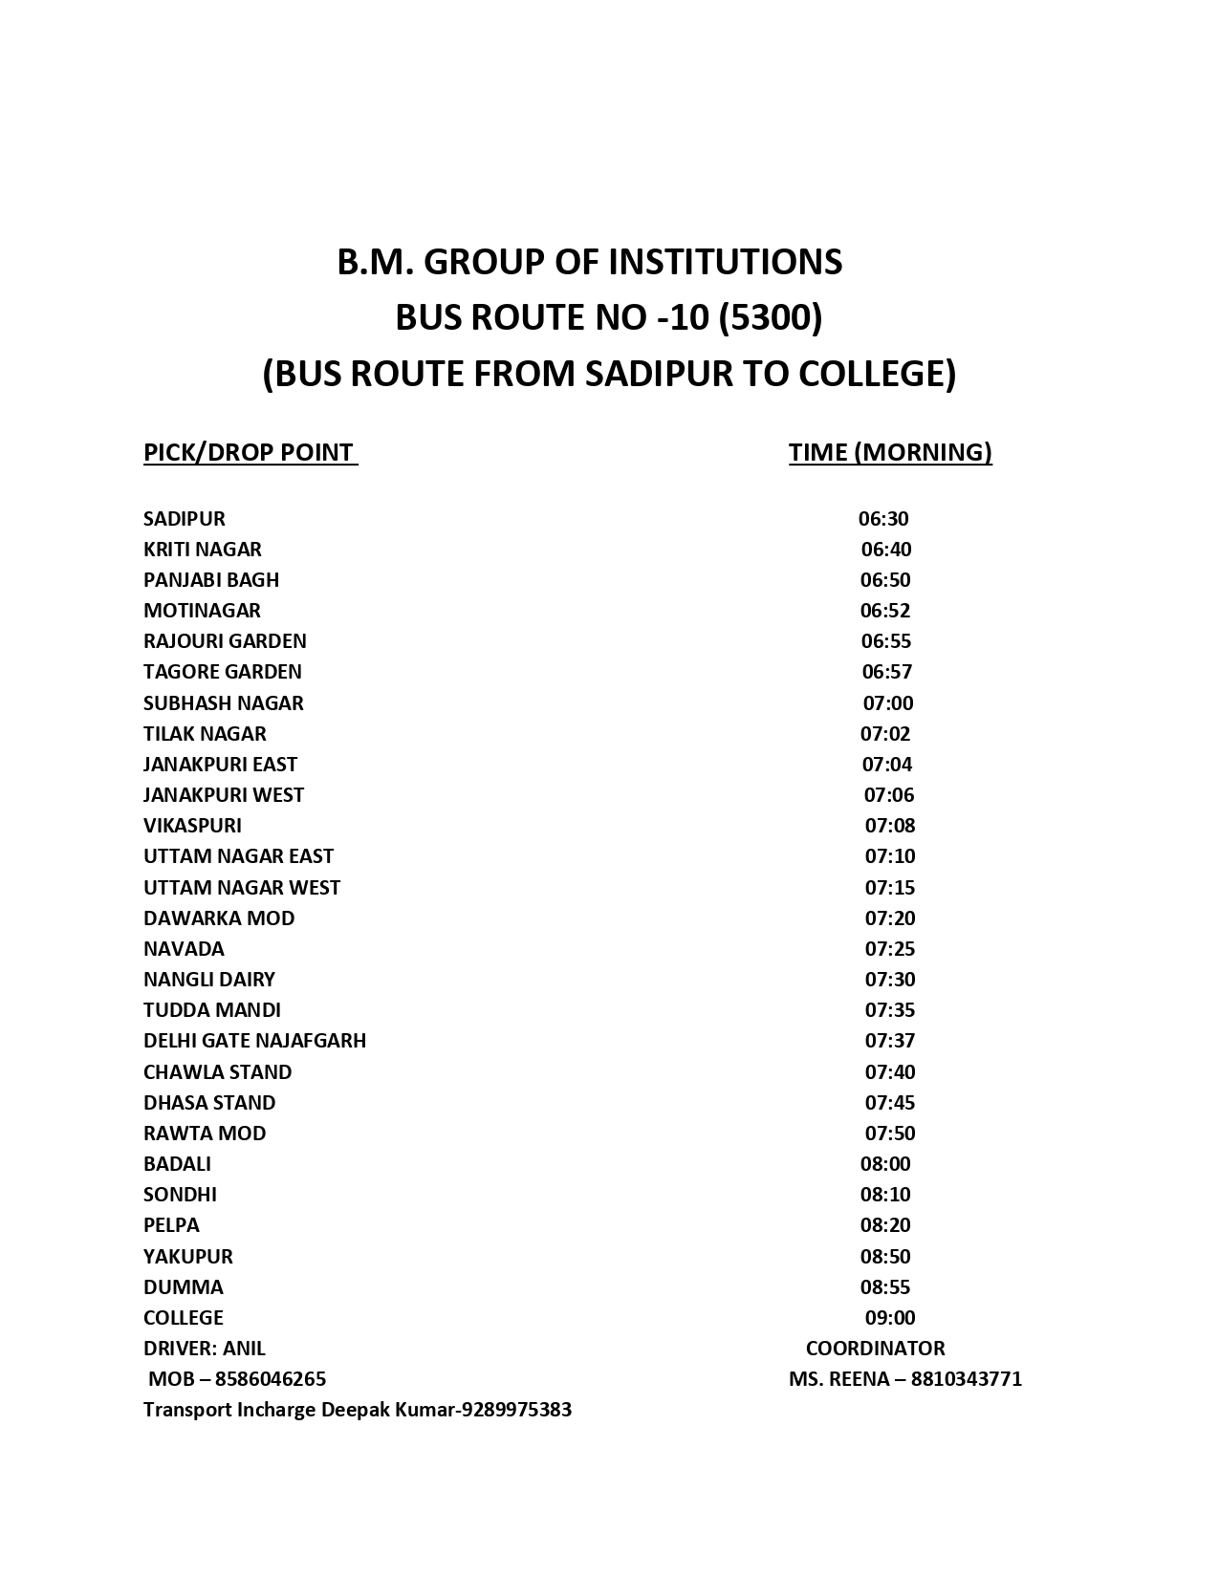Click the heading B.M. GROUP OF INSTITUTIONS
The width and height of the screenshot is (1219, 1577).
(590, 262)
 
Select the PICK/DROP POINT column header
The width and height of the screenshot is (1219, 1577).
(250, 452)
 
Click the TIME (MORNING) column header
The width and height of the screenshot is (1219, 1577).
(890, 452)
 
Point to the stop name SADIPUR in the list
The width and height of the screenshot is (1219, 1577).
(185, 519)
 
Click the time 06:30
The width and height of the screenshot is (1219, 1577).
(883, 519)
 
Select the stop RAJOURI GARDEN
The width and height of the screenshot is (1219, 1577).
(225, 641)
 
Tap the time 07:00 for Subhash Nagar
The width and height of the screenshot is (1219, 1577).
(888, 703)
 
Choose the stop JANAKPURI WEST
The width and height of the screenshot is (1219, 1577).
(224, 795)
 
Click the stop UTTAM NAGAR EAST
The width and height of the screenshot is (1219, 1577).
(238, 856)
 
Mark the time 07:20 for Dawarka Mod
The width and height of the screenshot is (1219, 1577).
(890, 918)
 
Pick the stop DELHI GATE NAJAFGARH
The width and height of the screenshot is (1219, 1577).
(254, 1041)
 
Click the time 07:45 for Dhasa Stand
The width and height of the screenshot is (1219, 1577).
(890, 1103)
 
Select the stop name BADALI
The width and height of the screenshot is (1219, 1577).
(177, 1164)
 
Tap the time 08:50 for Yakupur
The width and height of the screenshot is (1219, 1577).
(885, 1257)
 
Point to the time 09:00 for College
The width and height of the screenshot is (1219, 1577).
(890, 1318)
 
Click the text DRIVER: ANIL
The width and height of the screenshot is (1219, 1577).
(205, 1349)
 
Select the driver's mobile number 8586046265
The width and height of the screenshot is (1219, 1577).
(271, 1379)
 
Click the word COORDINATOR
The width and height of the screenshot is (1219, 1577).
(875, 1349)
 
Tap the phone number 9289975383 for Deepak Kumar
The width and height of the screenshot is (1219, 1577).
(516, 1410)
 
